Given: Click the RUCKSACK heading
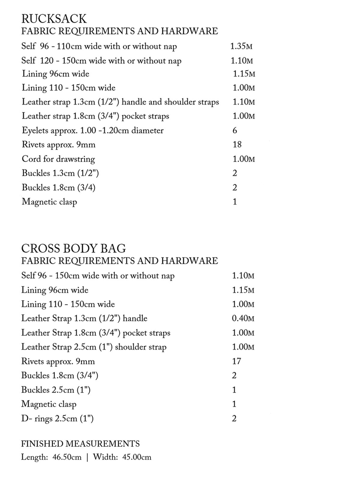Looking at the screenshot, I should [54, 19].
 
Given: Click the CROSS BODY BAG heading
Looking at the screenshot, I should [73, 248].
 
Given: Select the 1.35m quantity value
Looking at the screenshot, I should [241, 46].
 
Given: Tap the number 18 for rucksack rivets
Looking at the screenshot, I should [237, 145].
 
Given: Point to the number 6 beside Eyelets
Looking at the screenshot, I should [235, 130].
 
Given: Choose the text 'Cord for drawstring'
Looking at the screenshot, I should [58, 159].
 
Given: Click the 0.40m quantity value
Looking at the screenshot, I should [243, 318].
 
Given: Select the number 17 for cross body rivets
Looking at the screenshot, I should [236, 361].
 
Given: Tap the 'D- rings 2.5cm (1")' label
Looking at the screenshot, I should [57, 418].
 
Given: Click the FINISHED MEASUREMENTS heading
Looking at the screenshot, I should [80, 444].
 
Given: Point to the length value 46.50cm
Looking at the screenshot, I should [67, 457].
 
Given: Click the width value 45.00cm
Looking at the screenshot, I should [137, 457].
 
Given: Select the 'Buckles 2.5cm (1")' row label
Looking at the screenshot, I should [56, 390].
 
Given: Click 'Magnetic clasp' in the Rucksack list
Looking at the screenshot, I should [49, 202].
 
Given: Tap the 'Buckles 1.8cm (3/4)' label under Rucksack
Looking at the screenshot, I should [58, 187].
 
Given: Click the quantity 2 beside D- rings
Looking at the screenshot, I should [234, 418].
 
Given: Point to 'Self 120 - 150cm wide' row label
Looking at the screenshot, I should [101, 61].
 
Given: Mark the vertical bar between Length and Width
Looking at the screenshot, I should [87, 457].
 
